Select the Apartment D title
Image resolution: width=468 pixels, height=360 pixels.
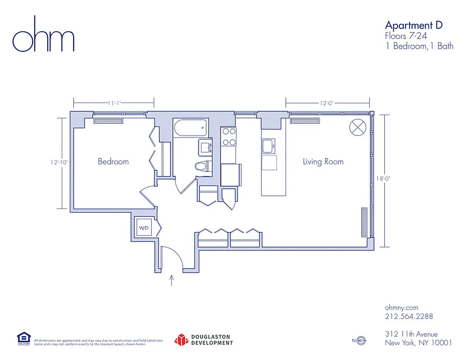414,25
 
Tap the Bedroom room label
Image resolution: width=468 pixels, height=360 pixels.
113,162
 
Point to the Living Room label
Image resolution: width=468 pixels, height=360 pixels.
323,162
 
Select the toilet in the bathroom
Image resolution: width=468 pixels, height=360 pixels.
202,166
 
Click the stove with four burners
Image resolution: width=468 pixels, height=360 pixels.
229,137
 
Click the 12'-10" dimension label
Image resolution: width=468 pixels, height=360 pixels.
59,163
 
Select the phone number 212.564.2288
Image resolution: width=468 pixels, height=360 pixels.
409,316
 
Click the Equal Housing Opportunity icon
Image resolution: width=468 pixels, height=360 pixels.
23,339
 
